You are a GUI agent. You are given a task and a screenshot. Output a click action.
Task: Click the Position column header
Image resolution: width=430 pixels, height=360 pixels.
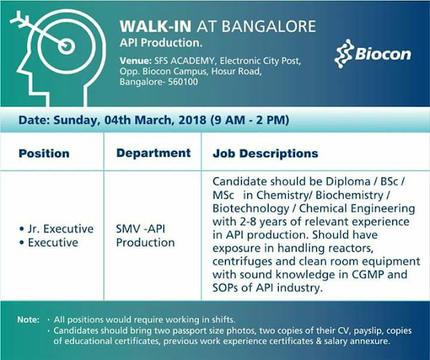tap(44, 153)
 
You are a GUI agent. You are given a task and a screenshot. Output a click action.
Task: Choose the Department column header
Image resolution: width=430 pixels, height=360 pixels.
tap(153, 152)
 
